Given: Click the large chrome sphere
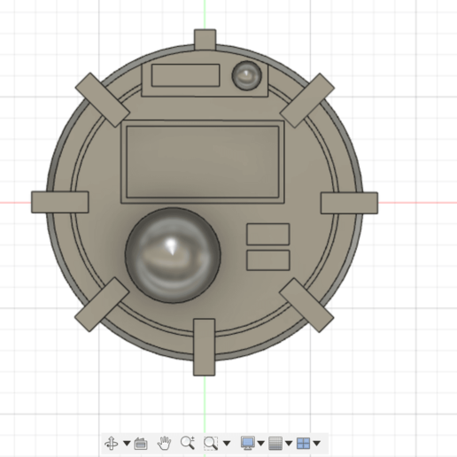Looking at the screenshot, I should [173, 252].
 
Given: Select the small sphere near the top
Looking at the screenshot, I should [246, 76].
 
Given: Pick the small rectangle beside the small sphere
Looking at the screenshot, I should [185, 75].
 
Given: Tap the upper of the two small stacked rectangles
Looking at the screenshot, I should [267, 234].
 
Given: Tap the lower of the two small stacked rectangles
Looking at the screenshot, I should [267, 259].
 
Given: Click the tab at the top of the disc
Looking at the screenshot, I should [205, 40].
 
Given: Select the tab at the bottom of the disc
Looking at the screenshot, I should [205, 346].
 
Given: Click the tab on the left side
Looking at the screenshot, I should [60, 202].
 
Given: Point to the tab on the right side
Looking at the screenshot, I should [349, 203].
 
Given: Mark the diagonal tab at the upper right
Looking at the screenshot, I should [307, 98].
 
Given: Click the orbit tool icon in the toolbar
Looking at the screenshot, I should [112, 443].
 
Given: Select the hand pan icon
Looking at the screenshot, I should [164, 443].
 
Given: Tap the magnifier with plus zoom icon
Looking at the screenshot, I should [187, 443].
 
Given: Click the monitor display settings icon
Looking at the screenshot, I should [248, 443].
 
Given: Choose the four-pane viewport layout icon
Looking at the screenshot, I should [303, 443].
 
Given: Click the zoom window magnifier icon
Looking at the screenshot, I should [211, 443].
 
